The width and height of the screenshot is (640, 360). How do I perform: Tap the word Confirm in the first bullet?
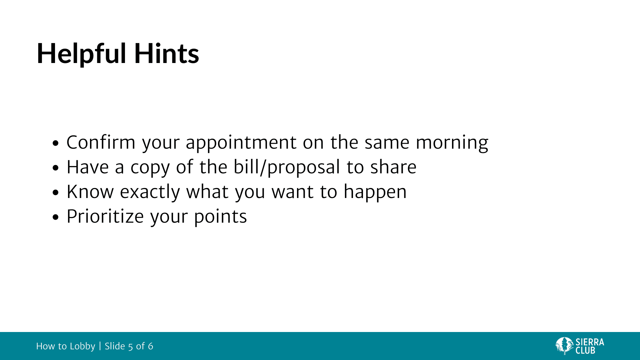tap(101, 142)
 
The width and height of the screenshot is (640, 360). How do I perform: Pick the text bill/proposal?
tap(287, 167)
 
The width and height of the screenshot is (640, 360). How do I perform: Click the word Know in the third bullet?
tap(90, 192)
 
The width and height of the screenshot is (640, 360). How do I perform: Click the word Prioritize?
tap(105, 216)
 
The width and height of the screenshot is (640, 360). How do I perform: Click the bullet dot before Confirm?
tap(56, 143)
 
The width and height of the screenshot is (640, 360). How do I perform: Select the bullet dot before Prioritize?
tap(56, 217)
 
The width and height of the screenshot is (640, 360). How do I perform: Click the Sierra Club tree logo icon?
tap(564, 346)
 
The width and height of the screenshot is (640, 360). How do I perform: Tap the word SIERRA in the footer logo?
tap(590, 342)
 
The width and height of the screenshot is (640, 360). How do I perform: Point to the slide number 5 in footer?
tap(131, 347)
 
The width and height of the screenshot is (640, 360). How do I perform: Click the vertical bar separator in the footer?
tap(100, 346)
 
